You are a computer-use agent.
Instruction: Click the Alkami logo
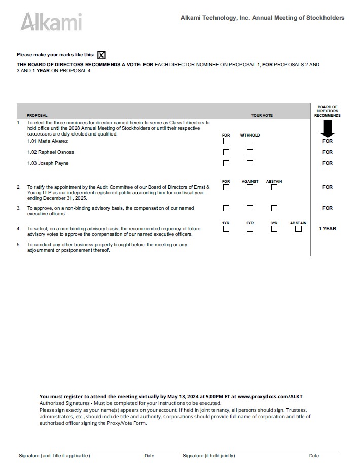[51, 22]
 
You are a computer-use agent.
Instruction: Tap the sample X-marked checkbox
[102, 55]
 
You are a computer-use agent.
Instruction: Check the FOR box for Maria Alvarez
[226, 141]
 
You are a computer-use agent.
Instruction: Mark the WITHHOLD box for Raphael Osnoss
[250, 152]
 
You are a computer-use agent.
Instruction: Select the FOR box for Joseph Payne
[226, 163]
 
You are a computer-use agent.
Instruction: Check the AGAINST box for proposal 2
[250, 187]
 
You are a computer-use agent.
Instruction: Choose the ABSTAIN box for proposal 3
[274, 208]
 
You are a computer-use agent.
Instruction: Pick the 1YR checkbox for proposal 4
[226, 229]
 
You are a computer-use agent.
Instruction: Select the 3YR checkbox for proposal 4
[274, 229]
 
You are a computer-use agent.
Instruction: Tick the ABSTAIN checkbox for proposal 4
[298, 229]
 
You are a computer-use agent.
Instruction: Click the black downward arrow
[327, 130]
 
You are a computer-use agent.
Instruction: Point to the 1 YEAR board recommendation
[327, 229]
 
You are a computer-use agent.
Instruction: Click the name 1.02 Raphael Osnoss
[51, 152]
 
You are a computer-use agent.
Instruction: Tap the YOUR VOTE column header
[262, 115]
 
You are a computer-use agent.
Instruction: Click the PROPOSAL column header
[37, 115]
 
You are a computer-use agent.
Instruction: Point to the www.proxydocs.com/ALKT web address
[270, 396]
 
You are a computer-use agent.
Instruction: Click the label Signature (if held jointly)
[208, 456]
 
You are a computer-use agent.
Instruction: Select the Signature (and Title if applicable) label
[54, 456]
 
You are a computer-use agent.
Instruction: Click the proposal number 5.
[19, 245]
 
